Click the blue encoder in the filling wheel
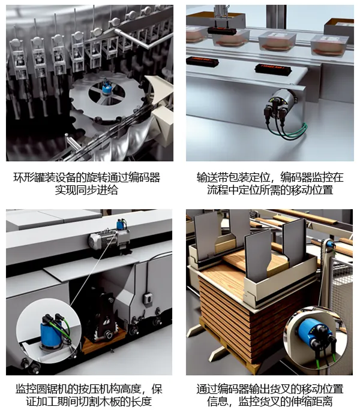click(x=107, y=88)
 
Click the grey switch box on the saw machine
click(x=148, y=299)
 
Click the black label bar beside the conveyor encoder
click(x=273, y=69)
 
